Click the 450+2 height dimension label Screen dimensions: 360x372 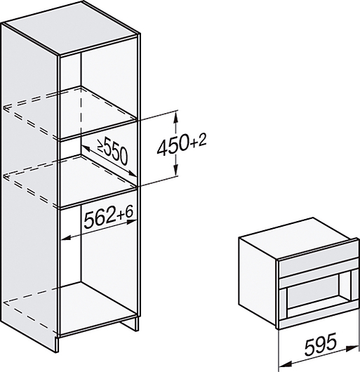[x=182, y=144]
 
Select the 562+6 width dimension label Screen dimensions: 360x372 [x=109, y=217]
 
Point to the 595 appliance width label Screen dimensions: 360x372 [x=321, y=344]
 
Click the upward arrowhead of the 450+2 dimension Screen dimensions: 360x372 [x=175, y=117]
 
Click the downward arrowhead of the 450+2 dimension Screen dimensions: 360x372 [x=175, y=171]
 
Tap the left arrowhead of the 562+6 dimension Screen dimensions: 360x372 [x=67, y=237]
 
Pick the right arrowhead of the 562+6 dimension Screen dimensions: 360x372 [x=132, y=222]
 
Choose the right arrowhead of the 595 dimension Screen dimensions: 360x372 [x=354, y=348]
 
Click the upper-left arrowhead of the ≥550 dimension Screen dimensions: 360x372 [x=86, y=149]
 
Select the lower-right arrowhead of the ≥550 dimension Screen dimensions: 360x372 [x=132, y=173]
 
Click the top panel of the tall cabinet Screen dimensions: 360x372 [x=71, y=28]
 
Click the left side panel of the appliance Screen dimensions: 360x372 [x=258, y=281]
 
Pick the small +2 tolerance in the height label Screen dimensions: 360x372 [x=199, y=141]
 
